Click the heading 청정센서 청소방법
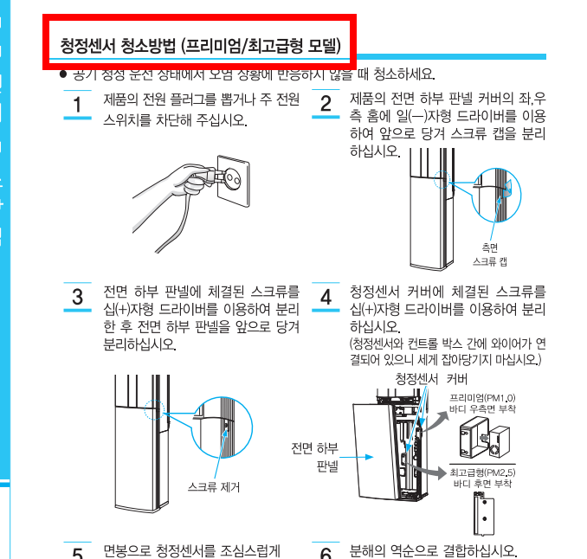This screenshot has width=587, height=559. (x=200, y=44)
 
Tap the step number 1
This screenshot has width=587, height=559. (x=77, y=106)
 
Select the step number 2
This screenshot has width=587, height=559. (x=326, y=105)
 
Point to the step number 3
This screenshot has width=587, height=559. (x=77, y=298)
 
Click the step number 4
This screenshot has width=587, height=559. (x=326, y=298)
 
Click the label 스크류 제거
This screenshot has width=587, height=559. (x=214, y=487)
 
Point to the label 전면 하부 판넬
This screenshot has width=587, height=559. (x=315, y=456)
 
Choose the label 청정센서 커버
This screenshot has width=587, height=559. (x=431, y=379)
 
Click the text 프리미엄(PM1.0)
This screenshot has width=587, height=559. (x=482, y=396)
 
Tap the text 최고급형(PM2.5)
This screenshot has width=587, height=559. (x=482, y=472)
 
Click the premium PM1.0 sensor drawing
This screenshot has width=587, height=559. (x=481, y=437)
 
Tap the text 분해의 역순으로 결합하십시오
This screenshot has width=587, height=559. (x=433, y=551)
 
